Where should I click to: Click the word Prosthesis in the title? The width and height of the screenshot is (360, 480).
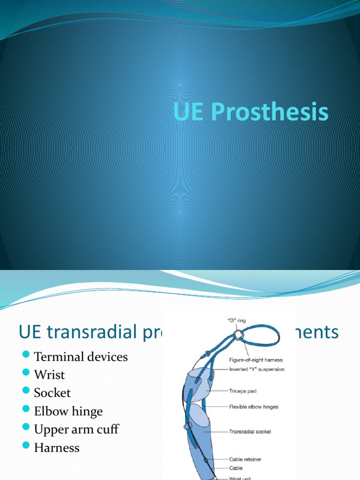(270, 113)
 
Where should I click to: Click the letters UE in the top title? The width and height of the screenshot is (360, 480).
(190, 113)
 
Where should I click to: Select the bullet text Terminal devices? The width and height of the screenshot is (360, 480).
(81, 357)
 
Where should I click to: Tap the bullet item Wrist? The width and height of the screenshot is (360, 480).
(49, 375)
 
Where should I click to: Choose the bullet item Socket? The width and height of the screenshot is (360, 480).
(52, 393)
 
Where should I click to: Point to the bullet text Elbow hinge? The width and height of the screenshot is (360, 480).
(68, 411)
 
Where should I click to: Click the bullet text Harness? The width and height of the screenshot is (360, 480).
(57, 448)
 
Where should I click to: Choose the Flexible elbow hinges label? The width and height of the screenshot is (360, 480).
(254, 407)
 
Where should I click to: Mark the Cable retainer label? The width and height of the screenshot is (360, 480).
(245, 459)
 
